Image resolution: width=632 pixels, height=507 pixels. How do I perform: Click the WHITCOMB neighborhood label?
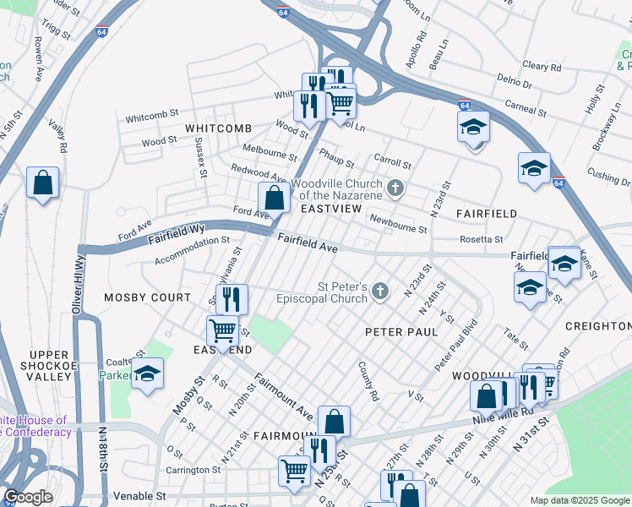219,128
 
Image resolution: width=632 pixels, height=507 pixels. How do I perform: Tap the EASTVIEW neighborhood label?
331,208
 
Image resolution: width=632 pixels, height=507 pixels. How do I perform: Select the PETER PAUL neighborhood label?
401,332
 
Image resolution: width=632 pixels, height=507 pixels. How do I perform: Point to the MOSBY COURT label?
148,297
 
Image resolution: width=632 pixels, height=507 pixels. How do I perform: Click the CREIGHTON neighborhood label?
598,326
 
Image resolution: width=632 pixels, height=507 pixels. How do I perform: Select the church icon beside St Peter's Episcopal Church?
380,292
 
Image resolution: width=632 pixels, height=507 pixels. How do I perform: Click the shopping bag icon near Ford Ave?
274,199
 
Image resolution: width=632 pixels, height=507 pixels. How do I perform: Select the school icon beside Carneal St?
474,128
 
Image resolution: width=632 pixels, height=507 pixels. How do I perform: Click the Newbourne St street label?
398,224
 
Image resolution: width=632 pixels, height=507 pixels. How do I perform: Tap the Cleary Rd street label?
542,65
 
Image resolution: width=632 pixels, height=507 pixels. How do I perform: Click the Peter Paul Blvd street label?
456,345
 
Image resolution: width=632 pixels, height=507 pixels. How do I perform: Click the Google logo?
29,497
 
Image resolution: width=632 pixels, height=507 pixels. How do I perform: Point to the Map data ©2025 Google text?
579,500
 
